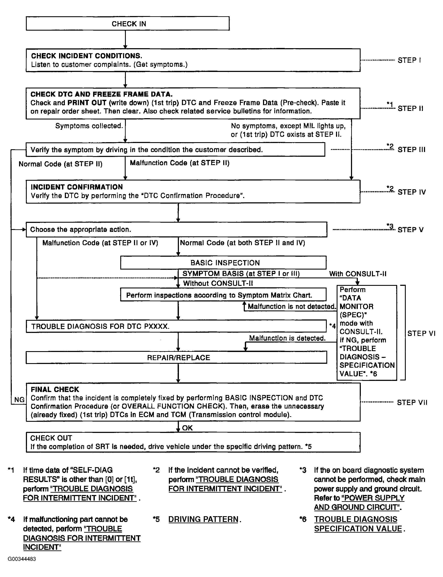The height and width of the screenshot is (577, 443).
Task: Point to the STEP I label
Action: pos(409,60)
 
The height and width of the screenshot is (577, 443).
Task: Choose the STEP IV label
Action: pos(411,192)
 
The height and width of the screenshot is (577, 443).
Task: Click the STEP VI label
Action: pos(421,333)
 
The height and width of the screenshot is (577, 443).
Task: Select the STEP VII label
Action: pos(412,402)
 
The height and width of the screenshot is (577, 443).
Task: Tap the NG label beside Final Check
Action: pos(19,400)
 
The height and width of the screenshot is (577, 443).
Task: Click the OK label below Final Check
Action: pos(187,428)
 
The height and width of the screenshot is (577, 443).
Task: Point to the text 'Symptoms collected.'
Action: pos(89,126)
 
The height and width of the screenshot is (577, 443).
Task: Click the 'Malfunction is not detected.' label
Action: pos(292,306)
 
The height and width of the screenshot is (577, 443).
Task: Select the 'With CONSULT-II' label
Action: pos(358,274)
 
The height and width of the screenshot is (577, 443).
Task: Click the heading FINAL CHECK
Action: pos(55,389)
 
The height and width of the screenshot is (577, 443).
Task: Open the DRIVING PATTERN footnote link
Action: pos(203,519)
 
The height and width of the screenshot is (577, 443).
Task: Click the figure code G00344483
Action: pos(22,559)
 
